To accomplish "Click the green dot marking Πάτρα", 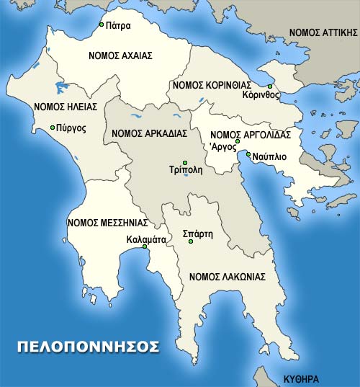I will click(x=102, y=25).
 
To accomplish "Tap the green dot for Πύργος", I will click(x=53, y=128).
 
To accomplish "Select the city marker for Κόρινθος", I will click(x=270, y=86).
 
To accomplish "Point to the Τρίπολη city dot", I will click(x=185, y=162).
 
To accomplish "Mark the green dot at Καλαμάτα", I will click(x=145, y=246).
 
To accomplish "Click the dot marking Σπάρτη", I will click(x=191, y=241).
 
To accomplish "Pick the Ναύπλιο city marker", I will click(x=248, y=154).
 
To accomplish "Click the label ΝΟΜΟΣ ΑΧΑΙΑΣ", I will click(x=121, y=55).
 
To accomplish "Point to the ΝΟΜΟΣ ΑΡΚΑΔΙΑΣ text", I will click(x=150, y=133).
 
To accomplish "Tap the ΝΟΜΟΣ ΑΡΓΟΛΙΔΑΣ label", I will click(x=250, y=134).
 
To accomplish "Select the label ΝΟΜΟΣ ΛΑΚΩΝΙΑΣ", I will click(x=228, y=276).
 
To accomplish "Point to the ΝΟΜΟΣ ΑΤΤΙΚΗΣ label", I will click(x=323, y=32).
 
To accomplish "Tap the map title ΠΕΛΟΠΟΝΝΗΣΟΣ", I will click(x=88, y=346).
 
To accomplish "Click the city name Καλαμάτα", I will click(x=145, y=237).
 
